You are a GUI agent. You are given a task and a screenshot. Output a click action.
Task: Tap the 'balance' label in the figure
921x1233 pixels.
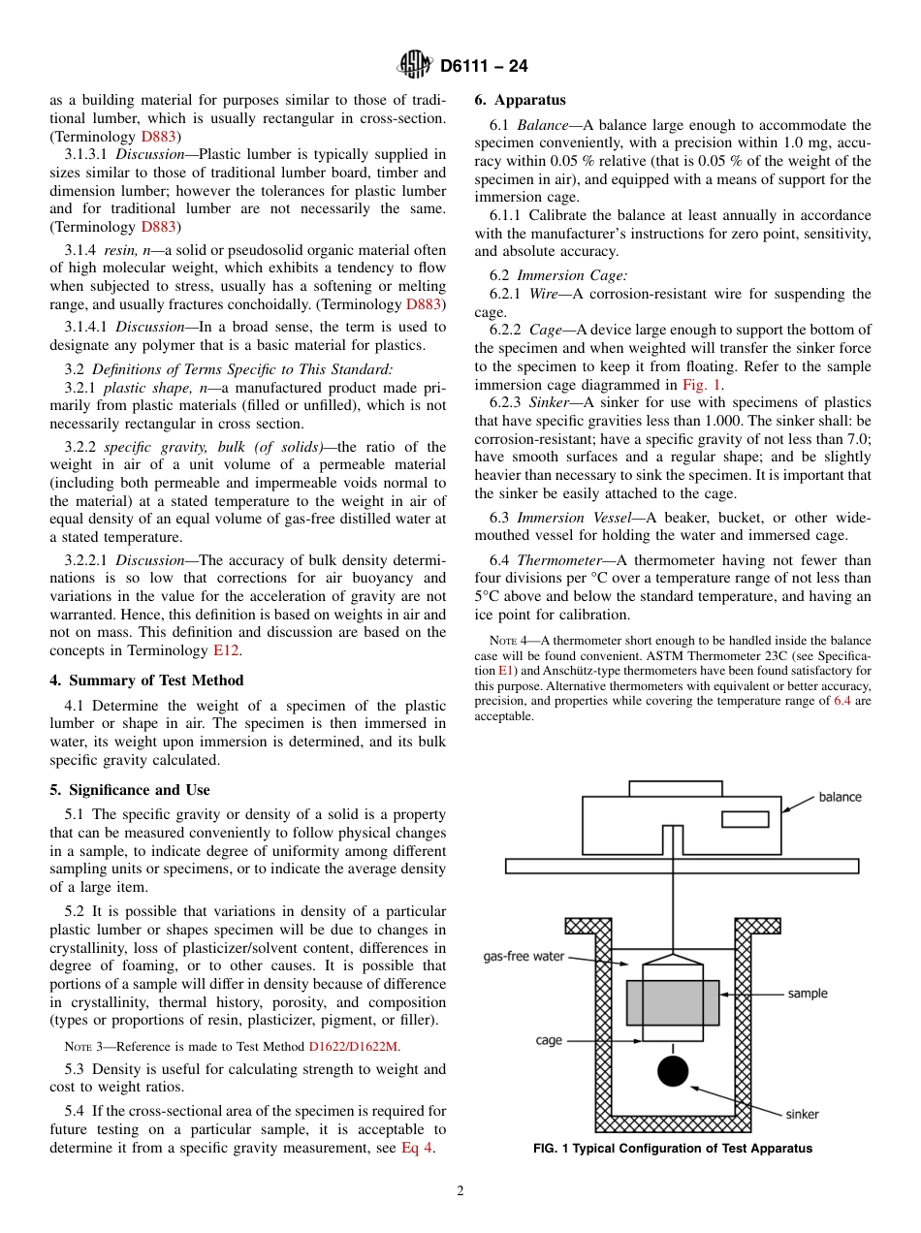pos(840,797)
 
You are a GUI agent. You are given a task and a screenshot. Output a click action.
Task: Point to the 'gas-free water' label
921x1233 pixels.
pos(524,956)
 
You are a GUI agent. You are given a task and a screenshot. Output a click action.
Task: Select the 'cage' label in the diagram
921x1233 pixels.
pos(549,1040)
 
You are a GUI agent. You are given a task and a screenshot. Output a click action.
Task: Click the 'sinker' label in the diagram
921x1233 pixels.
pos(802,1114)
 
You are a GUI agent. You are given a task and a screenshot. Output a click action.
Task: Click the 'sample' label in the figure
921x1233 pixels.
pos(808,994)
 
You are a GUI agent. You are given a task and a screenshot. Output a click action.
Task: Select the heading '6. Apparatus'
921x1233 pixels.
pos(520,100)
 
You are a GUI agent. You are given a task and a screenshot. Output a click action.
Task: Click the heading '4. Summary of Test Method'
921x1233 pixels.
pos(146,680)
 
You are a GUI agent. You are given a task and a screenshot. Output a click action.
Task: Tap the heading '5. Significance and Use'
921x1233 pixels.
pos(130,790)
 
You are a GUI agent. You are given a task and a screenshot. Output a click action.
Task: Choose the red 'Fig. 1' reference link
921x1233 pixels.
pos(702,385)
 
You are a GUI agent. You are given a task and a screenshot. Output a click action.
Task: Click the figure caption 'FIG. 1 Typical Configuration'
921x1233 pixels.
pos(672,1149)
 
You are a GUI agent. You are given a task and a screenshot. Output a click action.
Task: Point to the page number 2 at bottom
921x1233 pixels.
pos(460,1191)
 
